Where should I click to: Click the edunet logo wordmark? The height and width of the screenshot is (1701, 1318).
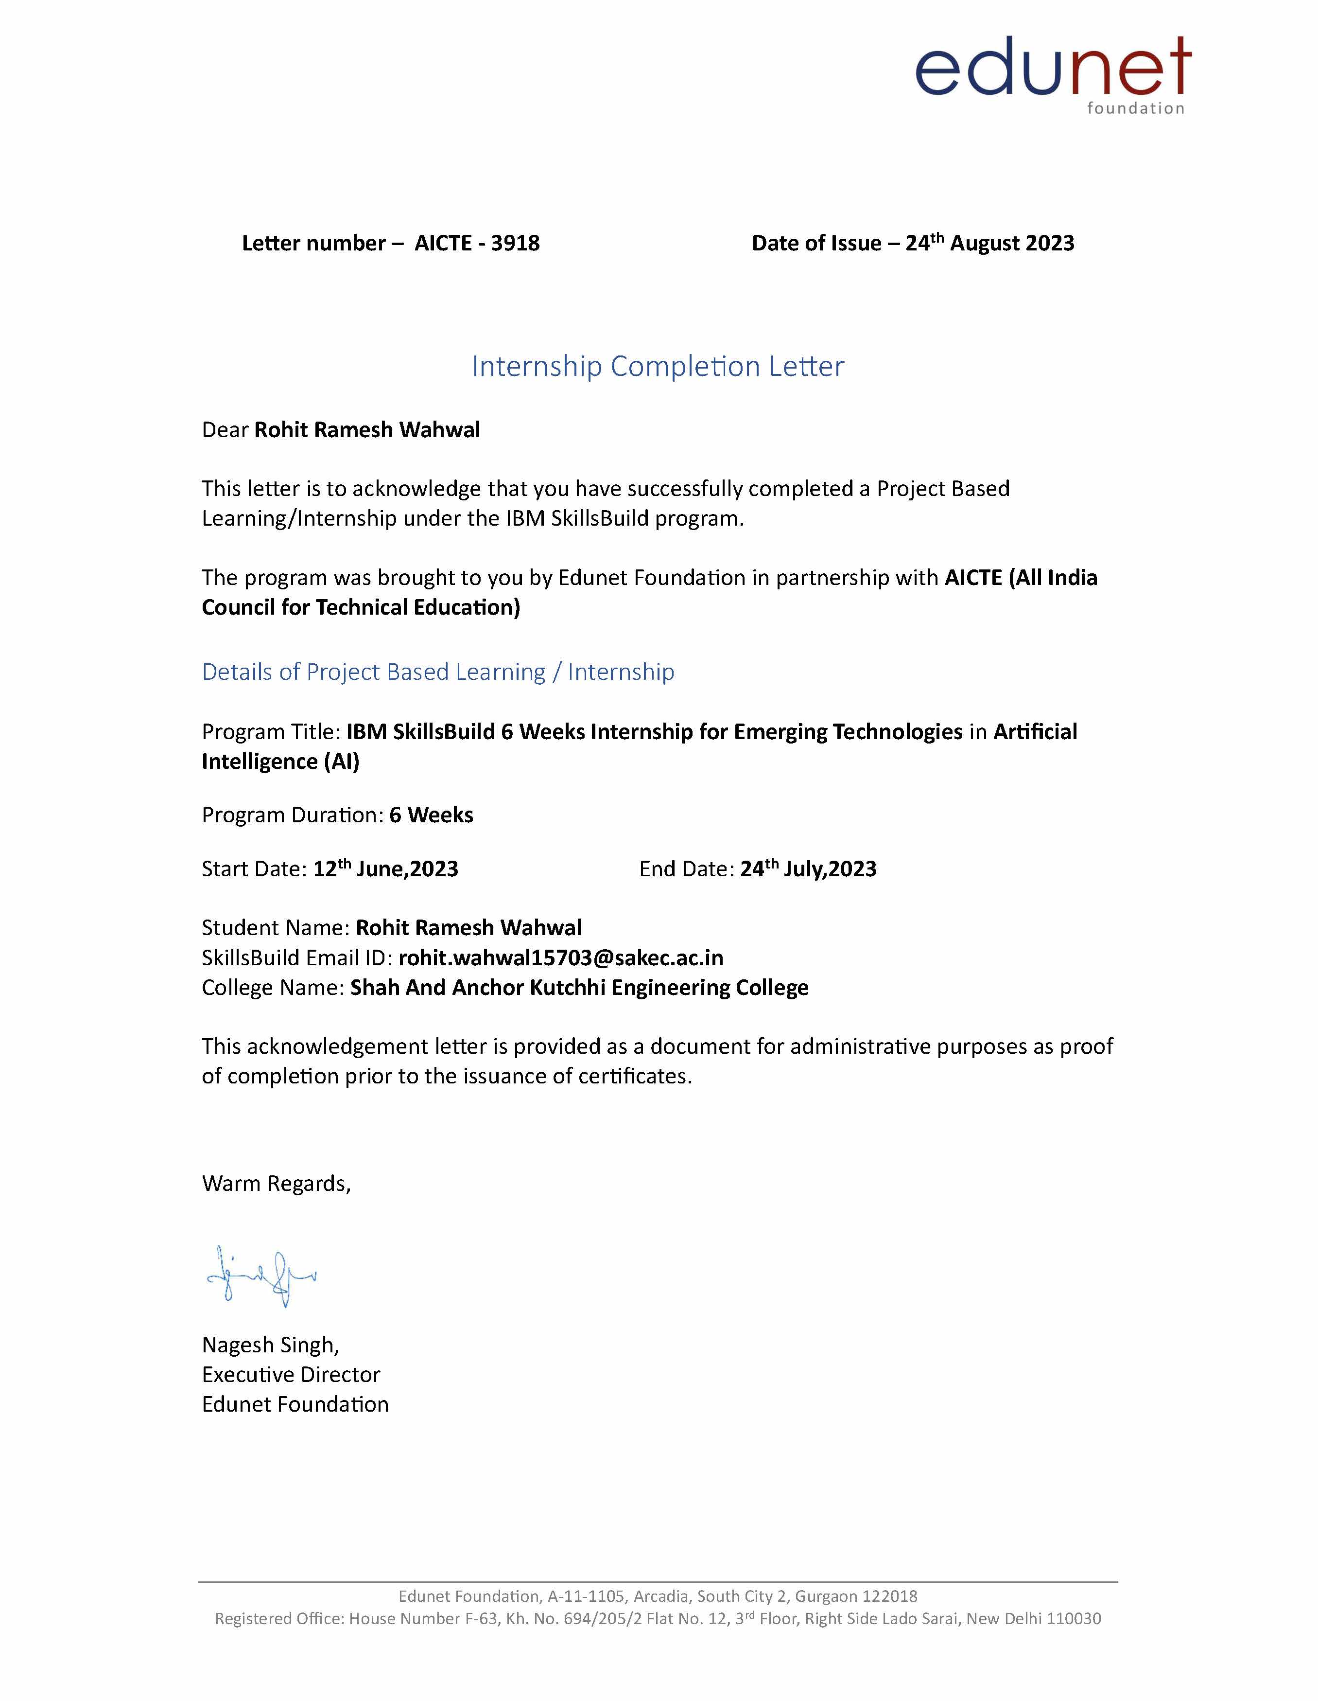coord(1053,68)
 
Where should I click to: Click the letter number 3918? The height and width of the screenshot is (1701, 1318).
coord(515,243)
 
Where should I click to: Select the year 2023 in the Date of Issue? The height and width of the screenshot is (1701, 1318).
coord(1049,243)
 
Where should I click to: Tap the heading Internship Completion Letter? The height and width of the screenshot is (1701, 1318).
coord(658,366)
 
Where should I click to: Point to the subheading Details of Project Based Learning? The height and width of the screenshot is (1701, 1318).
coord(437,672)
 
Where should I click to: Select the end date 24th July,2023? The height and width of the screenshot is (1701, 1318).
coord(808,868)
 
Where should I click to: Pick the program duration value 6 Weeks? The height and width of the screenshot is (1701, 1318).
coord(431,815)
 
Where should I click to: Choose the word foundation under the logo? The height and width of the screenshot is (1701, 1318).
coord(1135,108)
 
